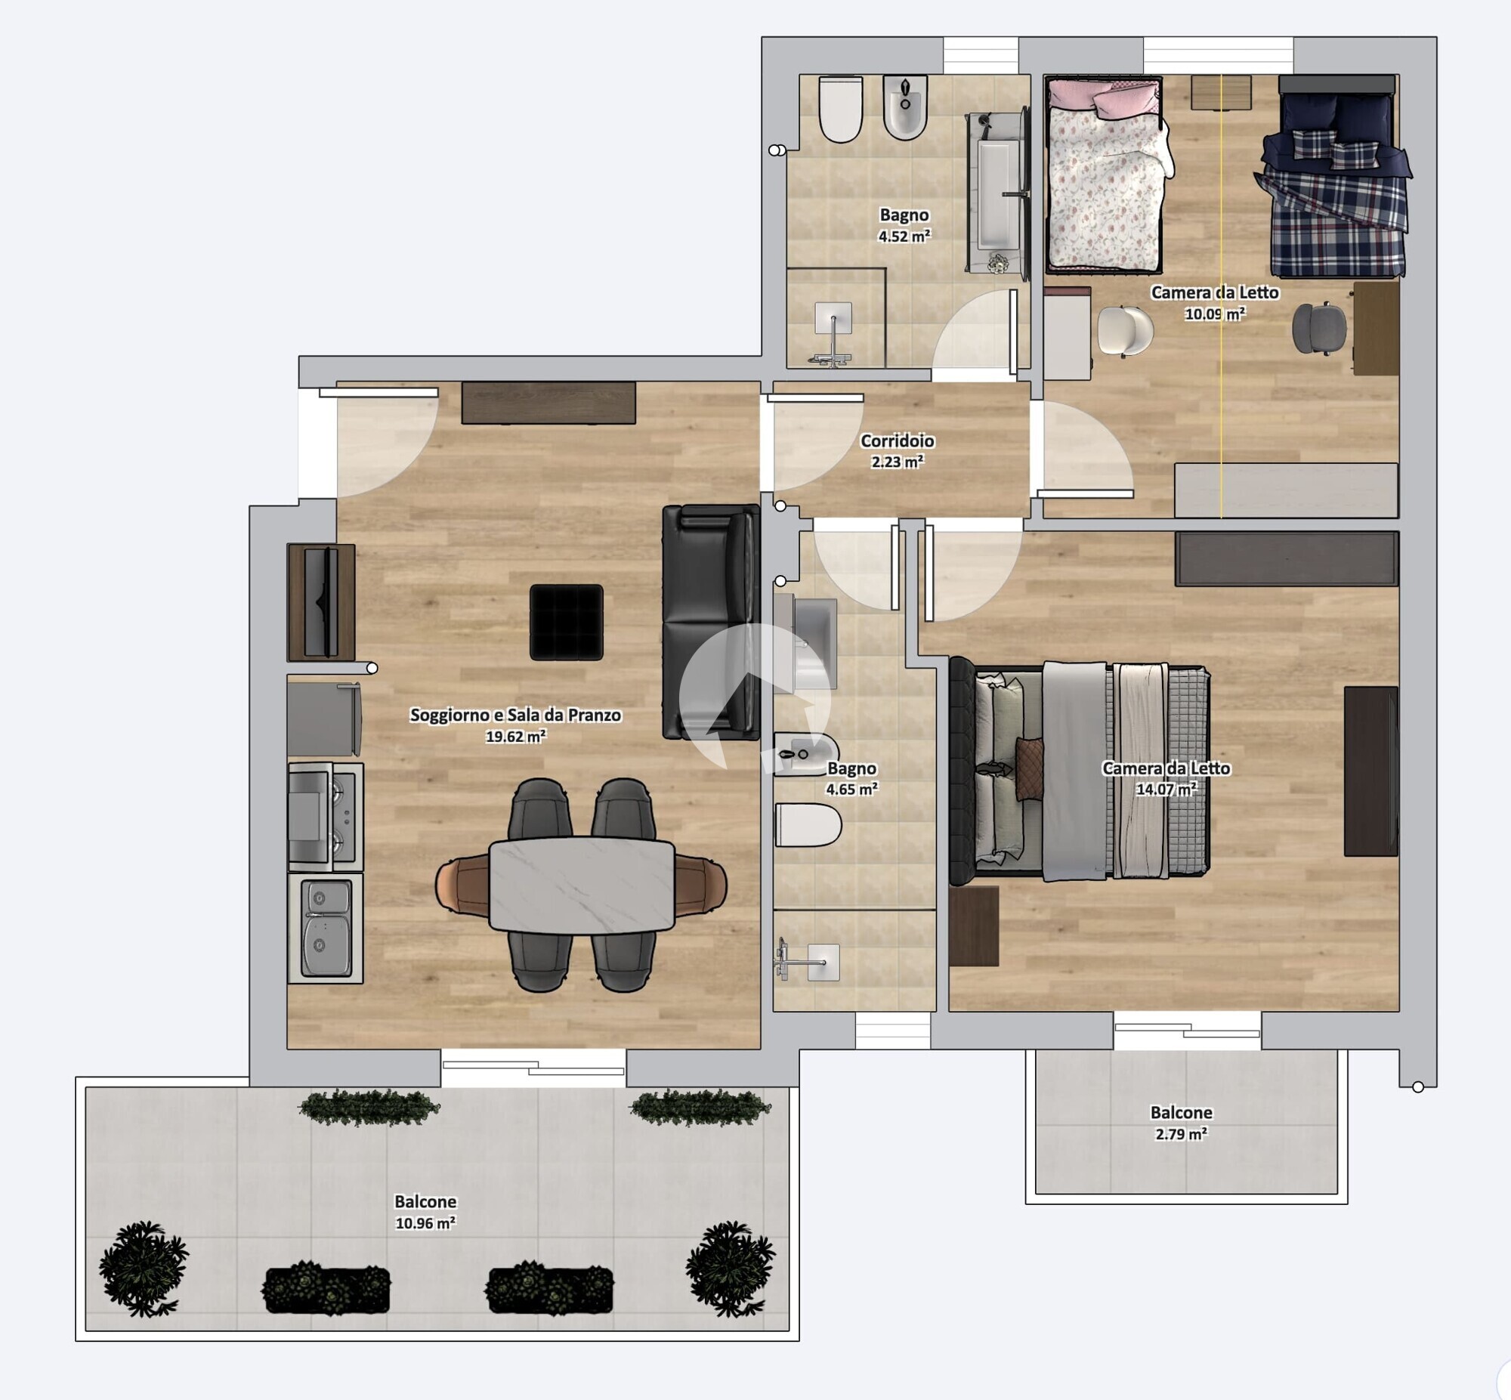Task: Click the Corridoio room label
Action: tap(898, 441)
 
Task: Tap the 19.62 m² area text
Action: tap(516, 737)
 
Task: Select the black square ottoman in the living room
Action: tap(567, 622)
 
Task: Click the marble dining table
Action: tap(582, 885)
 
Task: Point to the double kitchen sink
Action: tap(326, 928)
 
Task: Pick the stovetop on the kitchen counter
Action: tap(326, 817)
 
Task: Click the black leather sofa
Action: tap(711, 622)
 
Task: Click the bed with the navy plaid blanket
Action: tap(1335, 176)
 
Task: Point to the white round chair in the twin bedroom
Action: tap(1125, 330)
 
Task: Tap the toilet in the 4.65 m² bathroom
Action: tap(808, 825)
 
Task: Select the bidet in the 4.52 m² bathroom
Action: tap(905, 107)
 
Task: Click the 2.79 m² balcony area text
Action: tap(1182, 1134)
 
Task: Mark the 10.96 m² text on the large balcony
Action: tap(425, 1222)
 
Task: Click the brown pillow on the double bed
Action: tap(1029, 768)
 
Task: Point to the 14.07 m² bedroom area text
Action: tap(1166, 789)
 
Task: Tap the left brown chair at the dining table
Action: tap(463, 885)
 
